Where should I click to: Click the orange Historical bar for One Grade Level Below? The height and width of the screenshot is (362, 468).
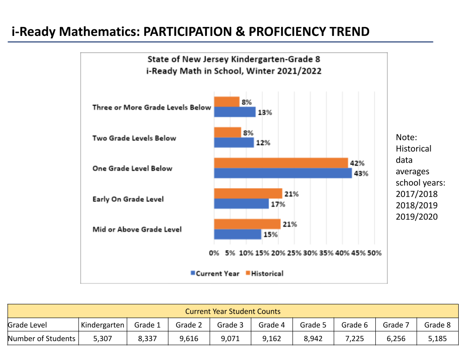(281, 163)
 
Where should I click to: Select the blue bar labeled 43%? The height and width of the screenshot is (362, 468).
(283, 173)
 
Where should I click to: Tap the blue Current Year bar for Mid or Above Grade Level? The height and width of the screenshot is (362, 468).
(238, 234)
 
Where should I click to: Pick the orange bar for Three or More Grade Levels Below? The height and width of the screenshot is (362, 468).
(226, 102)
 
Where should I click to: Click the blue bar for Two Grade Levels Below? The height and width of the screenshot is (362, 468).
(234, 142)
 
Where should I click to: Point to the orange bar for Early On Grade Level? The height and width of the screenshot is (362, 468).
(248, 193)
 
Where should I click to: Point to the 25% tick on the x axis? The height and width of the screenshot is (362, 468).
(294, 253)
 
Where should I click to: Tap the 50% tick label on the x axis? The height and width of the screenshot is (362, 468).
(374, 253)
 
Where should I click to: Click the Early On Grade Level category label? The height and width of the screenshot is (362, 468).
(128, 199)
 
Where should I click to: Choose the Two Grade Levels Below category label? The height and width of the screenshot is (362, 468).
(134, 138)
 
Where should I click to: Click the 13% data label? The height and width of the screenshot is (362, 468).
(265, 113)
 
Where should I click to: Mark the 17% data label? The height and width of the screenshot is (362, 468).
(278, 205)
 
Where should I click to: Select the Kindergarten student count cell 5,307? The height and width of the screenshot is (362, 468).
(102, 338)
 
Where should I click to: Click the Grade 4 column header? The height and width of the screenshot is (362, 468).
(271, 325)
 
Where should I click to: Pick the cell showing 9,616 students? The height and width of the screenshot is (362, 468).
(189, 338)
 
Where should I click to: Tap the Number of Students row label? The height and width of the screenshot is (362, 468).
(41, 338)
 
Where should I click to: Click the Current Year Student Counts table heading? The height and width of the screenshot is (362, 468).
(233, 311)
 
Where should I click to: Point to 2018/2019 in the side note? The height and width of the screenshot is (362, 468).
(416, 205)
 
